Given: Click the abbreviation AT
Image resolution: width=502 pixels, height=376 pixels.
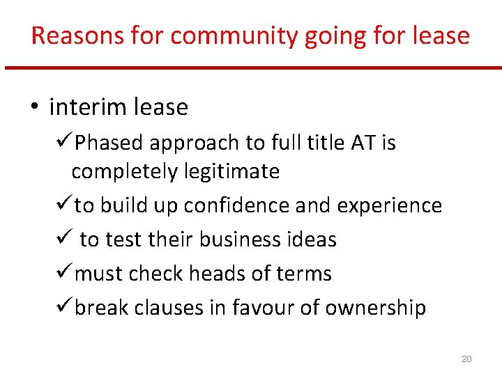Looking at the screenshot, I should tap(363, 143).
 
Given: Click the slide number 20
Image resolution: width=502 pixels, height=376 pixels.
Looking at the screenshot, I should tap(466, 359).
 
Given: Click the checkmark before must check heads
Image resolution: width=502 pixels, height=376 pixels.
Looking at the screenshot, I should tap(63, 273).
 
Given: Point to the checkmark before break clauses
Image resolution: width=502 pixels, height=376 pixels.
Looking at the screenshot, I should tap(63, 307).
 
